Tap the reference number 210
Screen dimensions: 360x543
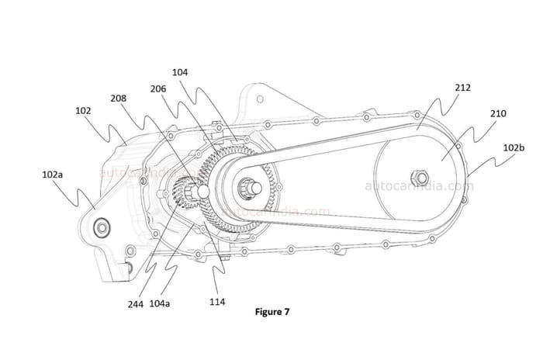[x=498, y=113]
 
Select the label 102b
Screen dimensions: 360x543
[x=513, y=146]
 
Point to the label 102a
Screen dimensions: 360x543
[x=52, y=175]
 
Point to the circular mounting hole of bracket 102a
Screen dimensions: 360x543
[x=101, y=227]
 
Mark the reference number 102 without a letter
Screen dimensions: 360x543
[x=83, y=111]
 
